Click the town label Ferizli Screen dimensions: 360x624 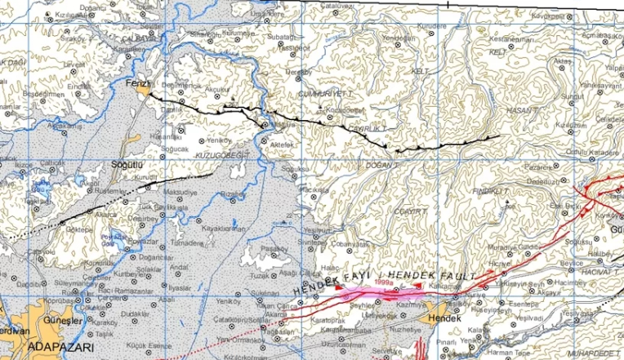coord(134,83)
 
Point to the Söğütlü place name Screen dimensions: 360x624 coord(127,165)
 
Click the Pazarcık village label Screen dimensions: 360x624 coord(517,165)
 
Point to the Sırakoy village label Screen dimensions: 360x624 coord(73,38)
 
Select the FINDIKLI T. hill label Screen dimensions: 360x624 coord(490,190)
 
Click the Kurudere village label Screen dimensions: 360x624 coord(431,26)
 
